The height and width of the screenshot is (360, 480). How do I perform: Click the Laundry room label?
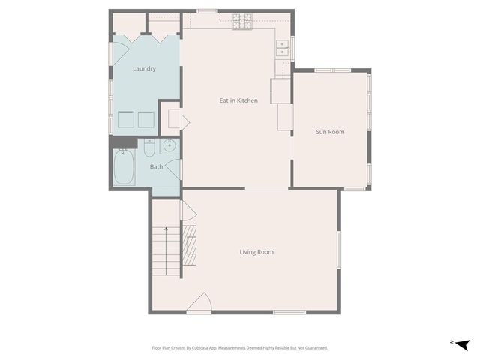(144, 69)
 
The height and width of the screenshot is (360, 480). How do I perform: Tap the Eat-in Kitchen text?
(238, 100)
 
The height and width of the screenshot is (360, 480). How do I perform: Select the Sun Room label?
(330, 132)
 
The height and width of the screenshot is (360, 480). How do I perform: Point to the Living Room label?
(256, 252)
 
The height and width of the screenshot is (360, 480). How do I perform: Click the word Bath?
(156, 166)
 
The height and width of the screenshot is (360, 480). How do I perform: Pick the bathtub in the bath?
(123, 168)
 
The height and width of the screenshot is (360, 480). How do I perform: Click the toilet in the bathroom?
(149, 145)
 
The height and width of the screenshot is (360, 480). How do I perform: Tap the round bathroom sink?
(169, 145)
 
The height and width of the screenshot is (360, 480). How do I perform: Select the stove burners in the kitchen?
(242, 22)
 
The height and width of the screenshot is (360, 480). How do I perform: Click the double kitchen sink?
(283, 49)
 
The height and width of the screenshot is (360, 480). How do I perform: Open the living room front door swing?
(199, 303)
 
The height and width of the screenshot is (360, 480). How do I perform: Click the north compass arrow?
(461, 343)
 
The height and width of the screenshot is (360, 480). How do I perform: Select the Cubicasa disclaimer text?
(240, 348)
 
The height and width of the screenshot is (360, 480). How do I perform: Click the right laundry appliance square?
(145, 120)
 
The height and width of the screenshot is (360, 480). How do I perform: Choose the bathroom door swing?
(174, 169)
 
